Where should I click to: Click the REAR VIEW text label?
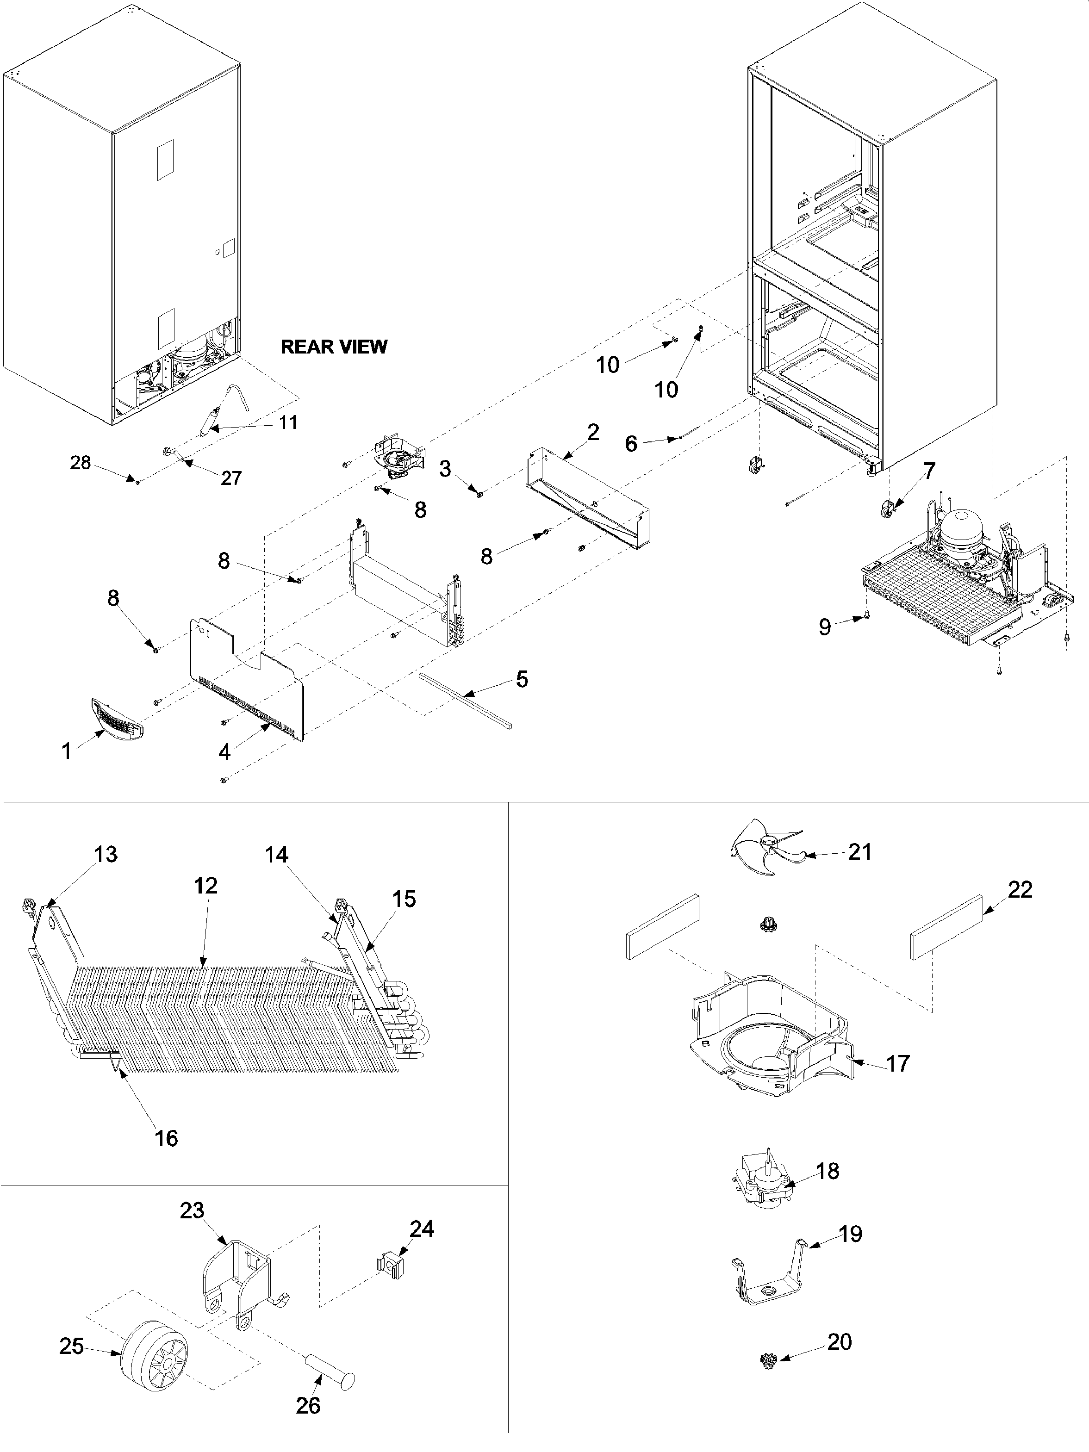click(334, 347)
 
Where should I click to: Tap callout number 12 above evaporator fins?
click(205, 886)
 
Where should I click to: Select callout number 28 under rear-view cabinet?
click(80, 463)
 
